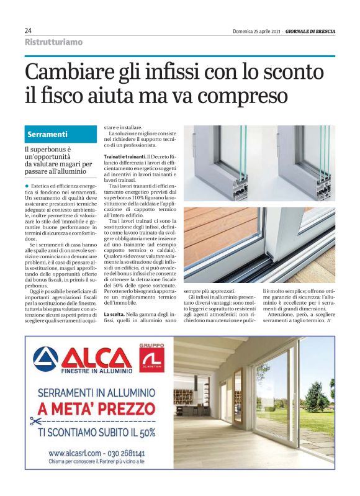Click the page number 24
(x=29, y=30)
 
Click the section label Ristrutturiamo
(x=53, y=42)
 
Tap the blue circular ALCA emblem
(x=45, y=359)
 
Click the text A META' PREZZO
(x=99, y=408)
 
